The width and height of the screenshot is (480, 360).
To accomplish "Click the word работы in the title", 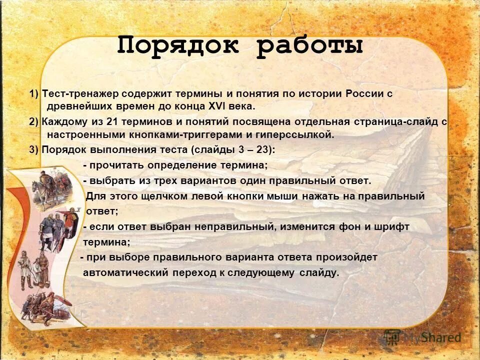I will pos(310,46).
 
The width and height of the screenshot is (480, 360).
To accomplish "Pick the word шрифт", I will pos(392,227).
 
